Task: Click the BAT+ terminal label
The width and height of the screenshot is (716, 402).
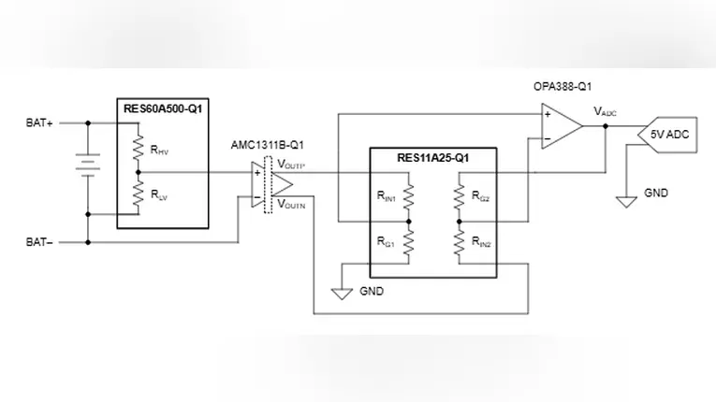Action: (x=39, y=122)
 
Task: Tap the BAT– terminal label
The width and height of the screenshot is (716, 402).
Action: (x=39, y=242)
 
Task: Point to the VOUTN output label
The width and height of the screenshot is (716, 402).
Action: (x=291, y=202)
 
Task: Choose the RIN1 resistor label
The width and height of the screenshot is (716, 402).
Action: (x=387, y=197)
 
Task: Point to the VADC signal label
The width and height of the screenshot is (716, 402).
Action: (x=605, y=112)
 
